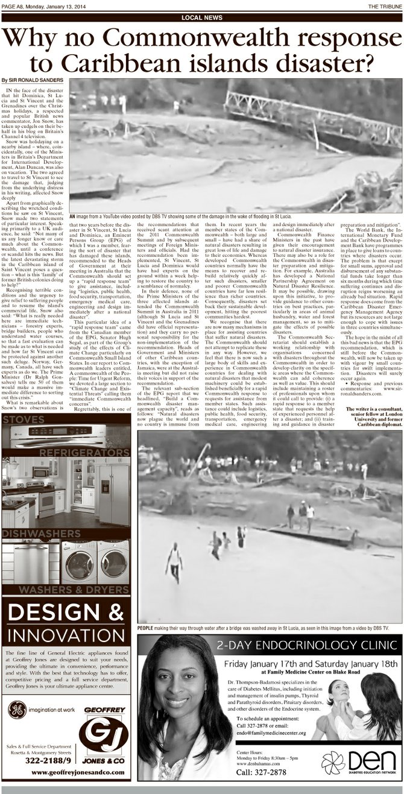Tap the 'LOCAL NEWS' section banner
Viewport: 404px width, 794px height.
coord(201,17)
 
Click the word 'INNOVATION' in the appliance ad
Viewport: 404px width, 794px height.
coord(66,636)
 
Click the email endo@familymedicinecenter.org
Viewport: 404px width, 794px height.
coord(271,733)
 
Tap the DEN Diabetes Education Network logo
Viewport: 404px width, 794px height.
coord(358,762)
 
